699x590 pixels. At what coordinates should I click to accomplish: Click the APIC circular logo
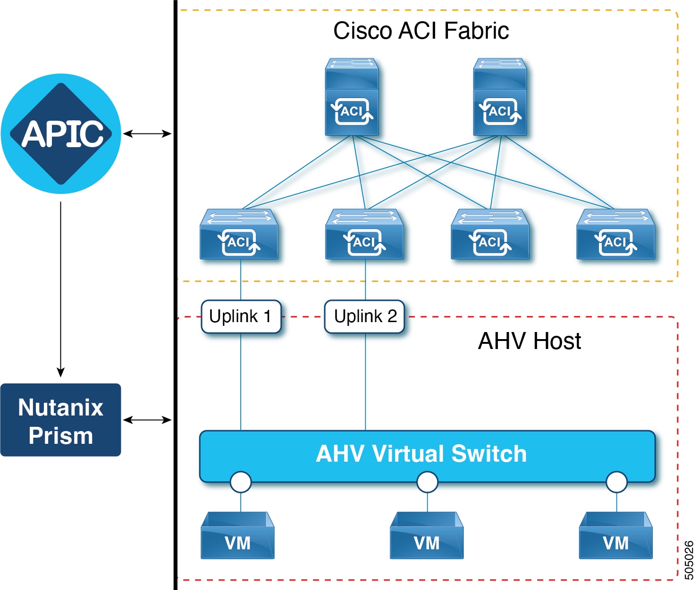[x=61, y=133]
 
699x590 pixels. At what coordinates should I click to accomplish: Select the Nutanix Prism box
[x=61, y=420]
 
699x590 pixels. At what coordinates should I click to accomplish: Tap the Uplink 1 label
[x=241, y=316]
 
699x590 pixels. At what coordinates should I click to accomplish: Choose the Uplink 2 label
[x=365, y=316]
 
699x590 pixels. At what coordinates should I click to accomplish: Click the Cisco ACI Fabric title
[x=421, y=31]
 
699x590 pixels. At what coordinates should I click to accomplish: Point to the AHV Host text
[x=529, y=341]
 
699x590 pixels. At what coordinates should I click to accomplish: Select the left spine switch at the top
[x=352, y=98]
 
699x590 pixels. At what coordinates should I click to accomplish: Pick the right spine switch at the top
[x=500, y=98]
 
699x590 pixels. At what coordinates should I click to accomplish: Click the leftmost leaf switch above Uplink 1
[x=239, y=235]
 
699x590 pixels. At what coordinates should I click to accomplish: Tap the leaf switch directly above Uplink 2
[x=364, y=235]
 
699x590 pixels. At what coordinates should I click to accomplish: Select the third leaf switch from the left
[x=490, y=235]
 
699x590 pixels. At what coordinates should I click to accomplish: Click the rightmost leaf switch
[x=615, y=235]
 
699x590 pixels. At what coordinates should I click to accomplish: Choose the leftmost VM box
[x=238, y=536]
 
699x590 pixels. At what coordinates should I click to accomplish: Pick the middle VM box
[x=427, y=536]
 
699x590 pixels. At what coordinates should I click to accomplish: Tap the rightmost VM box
[x=616, y=536]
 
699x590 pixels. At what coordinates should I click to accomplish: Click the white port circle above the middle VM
[x=427, y=482]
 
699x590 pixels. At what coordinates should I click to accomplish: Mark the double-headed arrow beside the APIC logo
[x=147, y=134]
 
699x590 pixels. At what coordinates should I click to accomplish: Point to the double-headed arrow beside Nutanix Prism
[x=147, y=420]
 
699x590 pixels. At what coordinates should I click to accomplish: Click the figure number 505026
[x=689, y=560]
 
